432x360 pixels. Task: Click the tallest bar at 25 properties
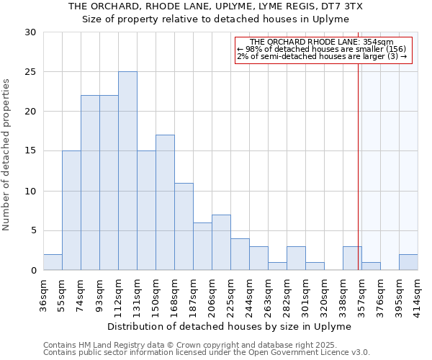[127, 171]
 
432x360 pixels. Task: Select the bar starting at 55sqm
[71, 210]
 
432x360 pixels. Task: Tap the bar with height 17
[165, 202]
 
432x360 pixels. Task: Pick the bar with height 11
[184, 226]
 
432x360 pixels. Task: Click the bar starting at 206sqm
[221, 242]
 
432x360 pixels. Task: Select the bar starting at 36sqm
[53, 262]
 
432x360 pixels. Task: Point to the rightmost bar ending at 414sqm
[408, 262]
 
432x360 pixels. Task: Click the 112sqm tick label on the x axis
[118, 292]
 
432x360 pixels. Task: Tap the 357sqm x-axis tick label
[361, 292]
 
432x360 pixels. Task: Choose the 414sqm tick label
[418, 292]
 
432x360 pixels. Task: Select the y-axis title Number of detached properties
[7, 151]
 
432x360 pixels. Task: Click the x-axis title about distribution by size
[230, 326]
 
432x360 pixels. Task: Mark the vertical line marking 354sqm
[358, 158]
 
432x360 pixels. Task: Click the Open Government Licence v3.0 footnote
[207, 352]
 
